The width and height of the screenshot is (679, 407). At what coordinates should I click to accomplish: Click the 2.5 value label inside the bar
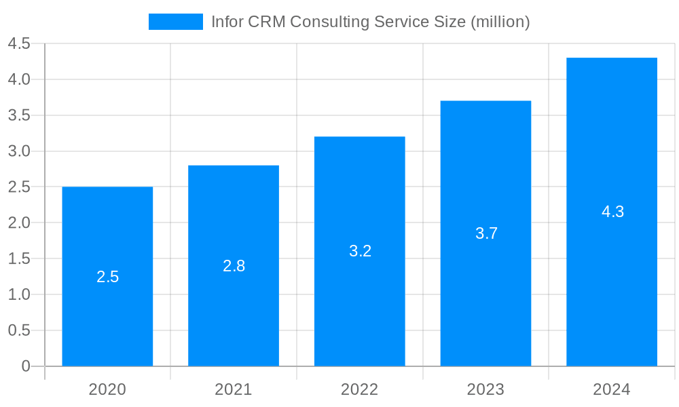pos(107,277)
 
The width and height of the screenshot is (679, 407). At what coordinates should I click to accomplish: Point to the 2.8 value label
pos(234,266)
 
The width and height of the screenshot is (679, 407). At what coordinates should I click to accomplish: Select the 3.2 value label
pos(360,251)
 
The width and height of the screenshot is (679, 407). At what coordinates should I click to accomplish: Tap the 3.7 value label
pos(486,233)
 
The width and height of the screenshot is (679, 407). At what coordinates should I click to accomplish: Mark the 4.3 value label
pos(612,212)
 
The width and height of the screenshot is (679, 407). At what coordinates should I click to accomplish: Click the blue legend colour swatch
pos(176,22)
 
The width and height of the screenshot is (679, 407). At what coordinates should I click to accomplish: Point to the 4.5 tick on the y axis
pos(19,44)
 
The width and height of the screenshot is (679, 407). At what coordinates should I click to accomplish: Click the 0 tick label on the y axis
pos(26,366)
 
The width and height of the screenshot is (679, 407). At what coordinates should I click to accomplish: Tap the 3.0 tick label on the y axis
pos(19,151)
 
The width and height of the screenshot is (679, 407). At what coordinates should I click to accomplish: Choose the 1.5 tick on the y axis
pos(19,258)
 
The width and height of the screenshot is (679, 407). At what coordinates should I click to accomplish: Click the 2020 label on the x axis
pos(107,389)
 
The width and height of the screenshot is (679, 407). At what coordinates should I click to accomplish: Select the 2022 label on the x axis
pos(360,389)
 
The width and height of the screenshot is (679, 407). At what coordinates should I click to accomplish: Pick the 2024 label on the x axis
pos(612,389)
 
